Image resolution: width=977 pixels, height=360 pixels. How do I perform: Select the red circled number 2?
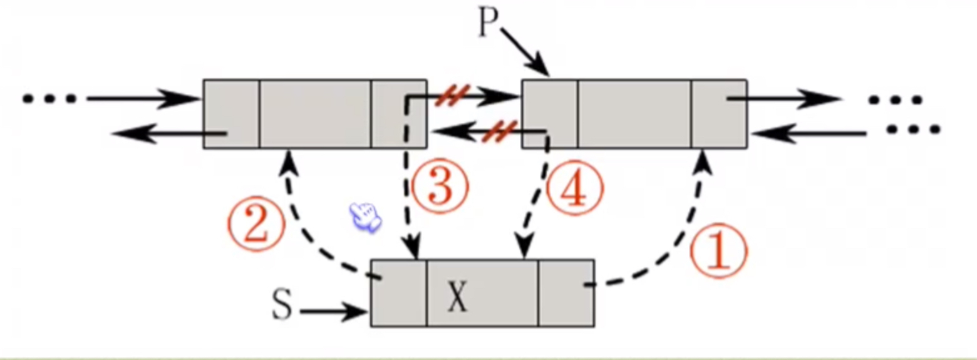(x=256, y=224)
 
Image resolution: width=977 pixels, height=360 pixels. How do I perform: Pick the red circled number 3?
(x=440, y=186)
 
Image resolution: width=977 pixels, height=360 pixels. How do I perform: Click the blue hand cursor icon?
(x=366, y=218)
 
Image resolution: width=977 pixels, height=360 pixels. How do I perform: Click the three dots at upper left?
(x=49, y=98)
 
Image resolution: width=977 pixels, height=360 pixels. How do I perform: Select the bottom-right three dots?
(x=914, y=130)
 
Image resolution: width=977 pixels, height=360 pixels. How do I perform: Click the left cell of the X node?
(x=399, y=293)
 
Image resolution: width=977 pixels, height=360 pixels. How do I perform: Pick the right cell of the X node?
(x=566, y=293)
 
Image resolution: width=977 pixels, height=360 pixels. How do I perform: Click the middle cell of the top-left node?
(x=315, y=113)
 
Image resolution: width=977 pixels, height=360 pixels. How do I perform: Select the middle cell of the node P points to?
(x=634, y=113)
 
